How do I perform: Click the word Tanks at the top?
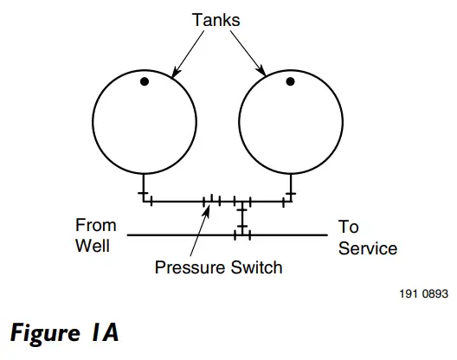(x=217, y=18)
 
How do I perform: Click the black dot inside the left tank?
(x=145, y=81)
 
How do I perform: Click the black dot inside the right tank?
(x=291, y=81)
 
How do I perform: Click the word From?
(x=95, y=227)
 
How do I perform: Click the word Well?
(x=93, y=246)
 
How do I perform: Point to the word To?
(x=348, y=227)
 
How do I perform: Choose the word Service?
(x=367, y=248)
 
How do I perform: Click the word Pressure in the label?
(x=190, y=267)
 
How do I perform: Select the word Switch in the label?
(x=254, y=267)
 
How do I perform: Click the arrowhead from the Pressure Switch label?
(x=209, y=209)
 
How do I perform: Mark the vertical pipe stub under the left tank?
(x=144, y=186)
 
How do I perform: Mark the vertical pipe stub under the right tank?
(x=291, y=186)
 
